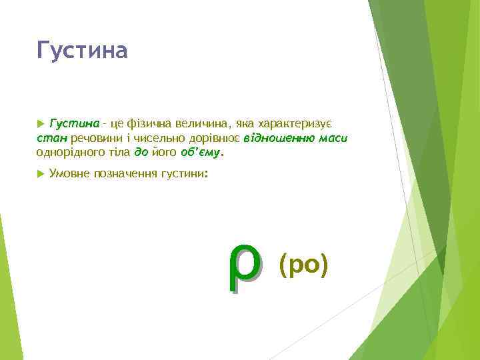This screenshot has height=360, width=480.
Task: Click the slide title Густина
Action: tap(82, 50)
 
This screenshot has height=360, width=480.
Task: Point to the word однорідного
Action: tap(69, 152)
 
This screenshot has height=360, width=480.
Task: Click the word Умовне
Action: tap(70, 174)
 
